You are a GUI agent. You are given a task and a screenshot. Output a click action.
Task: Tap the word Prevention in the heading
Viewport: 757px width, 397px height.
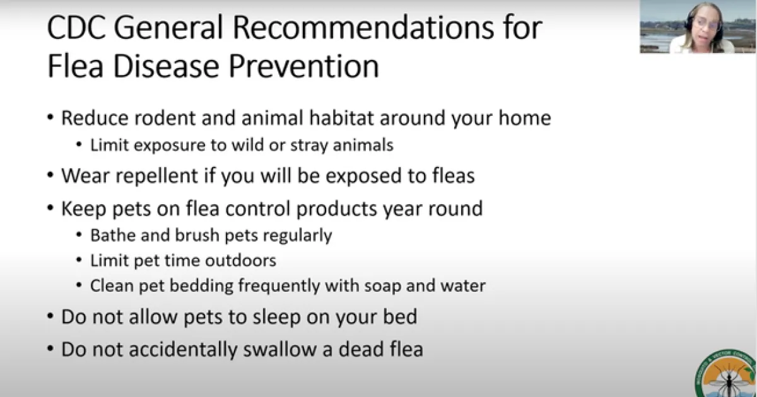tap(304, 66)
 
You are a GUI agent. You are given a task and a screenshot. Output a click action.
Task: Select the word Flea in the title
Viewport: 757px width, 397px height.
tap(75, 66)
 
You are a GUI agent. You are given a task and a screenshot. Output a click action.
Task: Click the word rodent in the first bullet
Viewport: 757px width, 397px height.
tap(165, 118)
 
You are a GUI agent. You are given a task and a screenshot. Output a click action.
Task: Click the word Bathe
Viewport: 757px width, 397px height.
tap(113, 235)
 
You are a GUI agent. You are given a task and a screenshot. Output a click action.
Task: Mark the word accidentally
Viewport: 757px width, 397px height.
tap(183, 349)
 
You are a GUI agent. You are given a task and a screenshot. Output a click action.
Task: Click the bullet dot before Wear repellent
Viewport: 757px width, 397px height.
tap(50, 175)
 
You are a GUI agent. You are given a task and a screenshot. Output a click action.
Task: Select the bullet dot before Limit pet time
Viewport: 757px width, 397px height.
tap(79, 260)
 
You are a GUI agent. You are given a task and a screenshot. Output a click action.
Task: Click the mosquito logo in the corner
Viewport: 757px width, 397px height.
tap(726, 374)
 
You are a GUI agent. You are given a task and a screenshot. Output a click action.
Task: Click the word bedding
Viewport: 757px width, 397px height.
tap(201, 285)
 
